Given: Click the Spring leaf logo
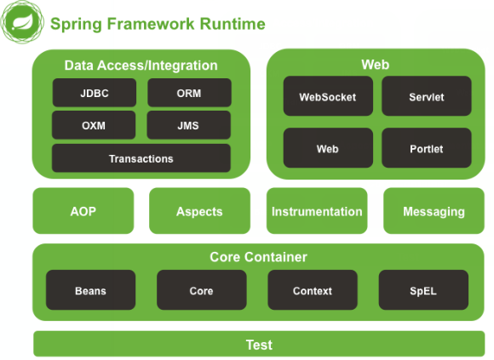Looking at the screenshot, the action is [22, 22].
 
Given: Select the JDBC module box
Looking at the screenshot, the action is [95, 93].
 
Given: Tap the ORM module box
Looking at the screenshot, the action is [189, 93].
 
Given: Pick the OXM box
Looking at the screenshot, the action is [94, 125].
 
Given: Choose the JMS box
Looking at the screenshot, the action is [189, 125].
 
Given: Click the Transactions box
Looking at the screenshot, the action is [141, 158].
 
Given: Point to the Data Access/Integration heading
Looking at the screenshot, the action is [141, 66].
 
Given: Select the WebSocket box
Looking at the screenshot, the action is [328, 96].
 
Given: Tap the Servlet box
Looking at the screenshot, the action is [427, 96].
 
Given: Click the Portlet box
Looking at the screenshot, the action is [427, 148].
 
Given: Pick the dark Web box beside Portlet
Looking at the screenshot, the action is [328, 148].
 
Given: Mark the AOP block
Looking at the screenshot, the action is [83, 211].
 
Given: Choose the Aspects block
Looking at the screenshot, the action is [200, 211].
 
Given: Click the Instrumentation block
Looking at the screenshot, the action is [317, 211].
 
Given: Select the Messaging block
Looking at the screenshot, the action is [434, 211].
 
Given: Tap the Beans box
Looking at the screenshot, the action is [91, 290].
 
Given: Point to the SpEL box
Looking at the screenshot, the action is [423, 290].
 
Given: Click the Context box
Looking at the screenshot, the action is [313, 290].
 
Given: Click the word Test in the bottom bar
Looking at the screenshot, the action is [259, 345].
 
